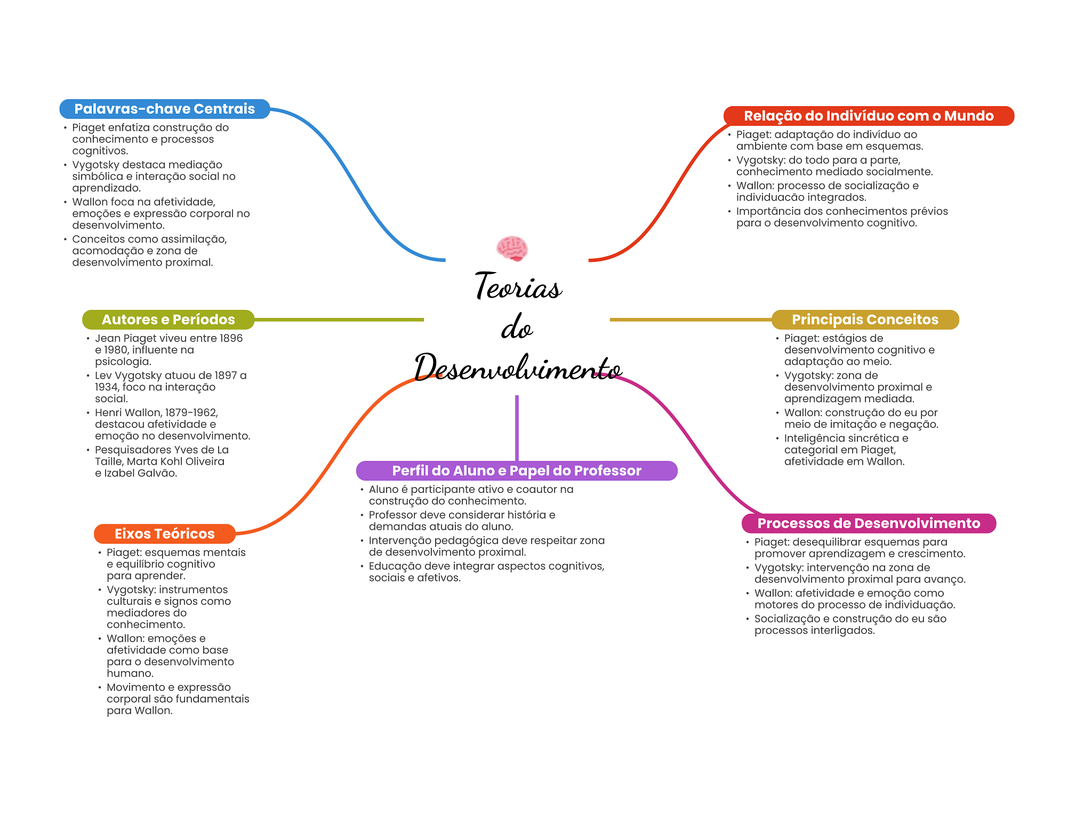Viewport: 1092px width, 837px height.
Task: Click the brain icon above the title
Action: pyautogui.click(x=512, y=249)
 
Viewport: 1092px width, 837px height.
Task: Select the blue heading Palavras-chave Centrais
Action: pyautogui.click(x=165, y=109)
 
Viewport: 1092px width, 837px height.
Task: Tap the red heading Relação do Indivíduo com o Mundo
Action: pyautogui.click(x=869, y=116)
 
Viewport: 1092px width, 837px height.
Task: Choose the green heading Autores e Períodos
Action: pyautogui.click(x=168, y=320)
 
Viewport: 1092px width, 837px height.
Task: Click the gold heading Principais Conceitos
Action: pyautogui.click(x=865, y=320)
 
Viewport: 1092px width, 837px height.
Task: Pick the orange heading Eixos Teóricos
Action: pyautogui.click(x=165, y=533)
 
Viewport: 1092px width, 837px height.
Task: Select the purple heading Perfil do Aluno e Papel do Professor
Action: pyautogui.click(x=517, y=471)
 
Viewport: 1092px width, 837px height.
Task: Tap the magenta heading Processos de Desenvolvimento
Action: pyautogui.click(x=869, y=523)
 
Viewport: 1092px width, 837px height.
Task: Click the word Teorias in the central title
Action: pyautogui.click(x=518, y=286)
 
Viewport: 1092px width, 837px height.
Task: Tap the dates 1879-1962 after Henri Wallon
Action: pyautogui.click(x=192, y=413)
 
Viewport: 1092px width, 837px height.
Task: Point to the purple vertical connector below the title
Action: pyautogui.click(x=517, y=428)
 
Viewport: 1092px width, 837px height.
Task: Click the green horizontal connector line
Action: pyautogui.click(x=339, y=320)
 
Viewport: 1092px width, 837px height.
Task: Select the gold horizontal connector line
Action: pyautogui.click(x=691, y=320)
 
